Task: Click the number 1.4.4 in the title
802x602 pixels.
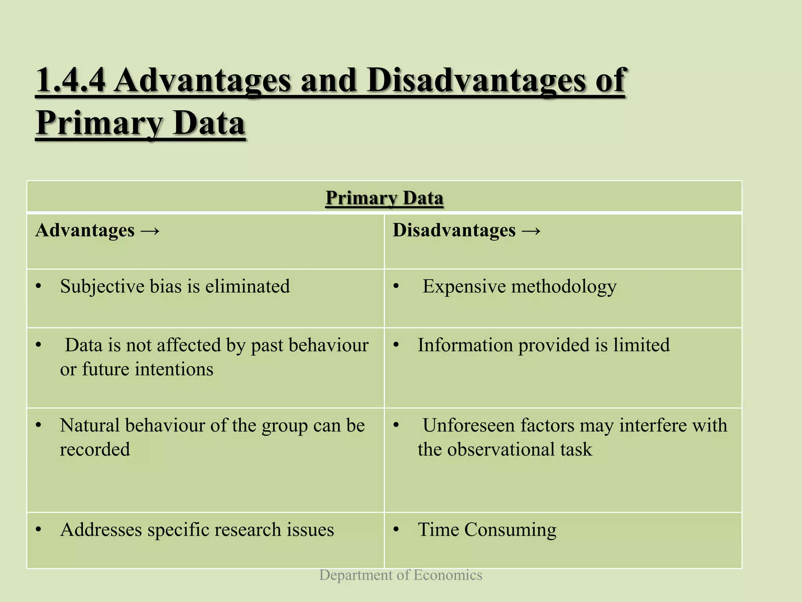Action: pyautogui.click(x=70, y=80)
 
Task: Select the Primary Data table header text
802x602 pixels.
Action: pyautogui.click(x=384, y=198)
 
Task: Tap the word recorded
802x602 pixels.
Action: pyautogui.click(x=95, y=450)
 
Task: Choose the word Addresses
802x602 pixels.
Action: pyautogui.click(x=101, y=530)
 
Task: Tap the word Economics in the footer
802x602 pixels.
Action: pyautogui.click(x=448, y=575)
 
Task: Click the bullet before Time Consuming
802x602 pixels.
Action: pyautogui.click(x=396, y=530)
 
